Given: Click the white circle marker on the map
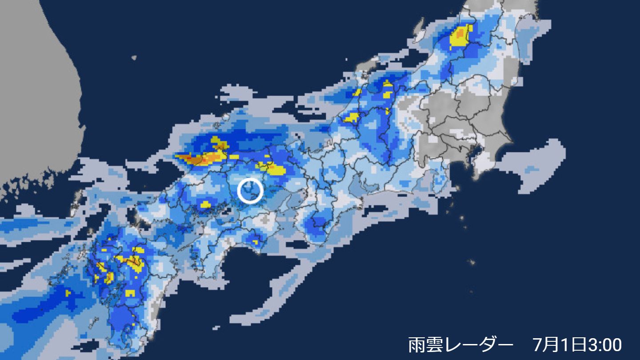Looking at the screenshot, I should pos(250,190).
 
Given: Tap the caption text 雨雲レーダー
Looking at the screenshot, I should pos(458,344).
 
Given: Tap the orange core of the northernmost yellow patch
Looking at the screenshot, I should pos(461,34).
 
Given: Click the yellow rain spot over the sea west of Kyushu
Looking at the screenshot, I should pos(68,293).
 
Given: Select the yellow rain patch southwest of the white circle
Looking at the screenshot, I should pos(205,204).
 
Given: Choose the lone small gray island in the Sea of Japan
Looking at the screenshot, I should pos(134,57).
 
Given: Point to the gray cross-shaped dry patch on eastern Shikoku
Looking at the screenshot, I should pos(266,219).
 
